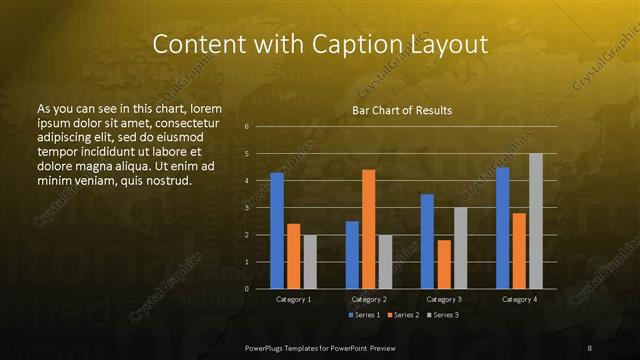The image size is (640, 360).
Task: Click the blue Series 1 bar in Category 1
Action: tap(277, 231)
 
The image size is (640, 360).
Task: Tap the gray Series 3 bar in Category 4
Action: tap(536, 221)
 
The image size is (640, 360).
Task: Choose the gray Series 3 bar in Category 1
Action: tap(310, 262)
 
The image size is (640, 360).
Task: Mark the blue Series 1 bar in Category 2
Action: tap(352, 255)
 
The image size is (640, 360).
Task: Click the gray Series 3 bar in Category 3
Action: tap(460, 248)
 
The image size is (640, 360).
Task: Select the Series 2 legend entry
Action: tap(402, 315)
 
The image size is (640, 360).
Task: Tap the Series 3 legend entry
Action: tap(443, 315)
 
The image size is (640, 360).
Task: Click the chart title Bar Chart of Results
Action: tap(402, 110)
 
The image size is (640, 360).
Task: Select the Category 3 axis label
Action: tap(443, 299)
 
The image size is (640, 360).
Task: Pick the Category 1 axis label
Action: tap(293, 299)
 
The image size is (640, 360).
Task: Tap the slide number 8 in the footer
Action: tap(590, 347)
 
